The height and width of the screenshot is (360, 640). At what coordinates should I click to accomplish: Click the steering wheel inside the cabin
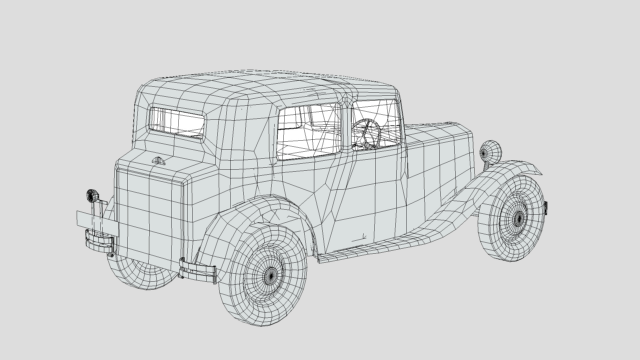367,133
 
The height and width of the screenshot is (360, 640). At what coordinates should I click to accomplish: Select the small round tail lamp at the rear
92,196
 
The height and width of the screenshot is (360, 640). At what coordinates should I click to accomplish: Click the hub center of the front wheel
518,218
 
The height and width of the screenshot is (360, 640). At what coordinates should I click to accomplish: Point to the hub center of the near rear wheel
271,275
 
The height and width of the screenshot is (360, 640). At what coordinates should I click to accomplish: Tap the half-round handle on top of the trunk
159,161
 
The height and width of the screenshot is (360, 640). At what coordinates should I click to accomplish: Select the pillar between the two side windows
347,127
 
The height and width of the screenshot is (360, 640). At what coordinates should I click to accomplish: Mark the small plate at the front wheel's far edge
546,208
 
